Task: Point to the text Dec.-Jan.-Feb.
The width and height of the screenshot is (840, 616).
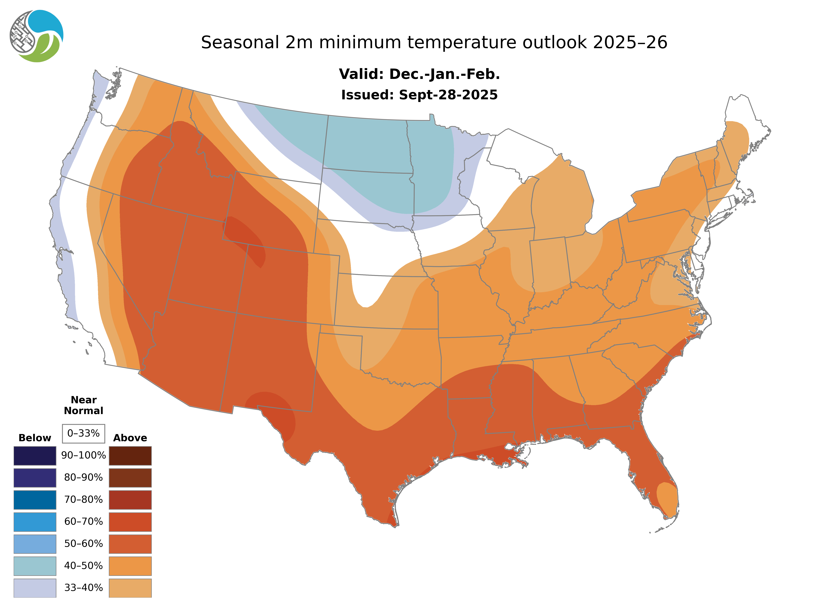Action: (444, 74)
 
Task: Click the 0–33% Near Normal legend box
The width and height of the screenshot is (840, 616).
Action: (83, 433)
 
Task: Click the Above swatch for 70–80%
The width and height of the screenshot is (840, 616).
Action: (130, 500)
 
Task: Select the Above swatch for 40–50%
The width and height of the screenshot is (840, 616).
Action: (130, 566)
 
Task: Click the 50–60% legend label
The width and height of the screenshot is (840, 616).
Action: (83, 544)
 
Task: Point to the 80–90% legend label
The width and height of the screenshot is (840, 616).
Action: (83, 478)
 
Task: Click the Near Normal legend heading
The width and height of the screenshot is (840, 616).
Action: (83, 405)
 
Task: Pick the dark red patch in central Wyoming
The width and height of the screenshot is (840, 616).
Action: (246, 239)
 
